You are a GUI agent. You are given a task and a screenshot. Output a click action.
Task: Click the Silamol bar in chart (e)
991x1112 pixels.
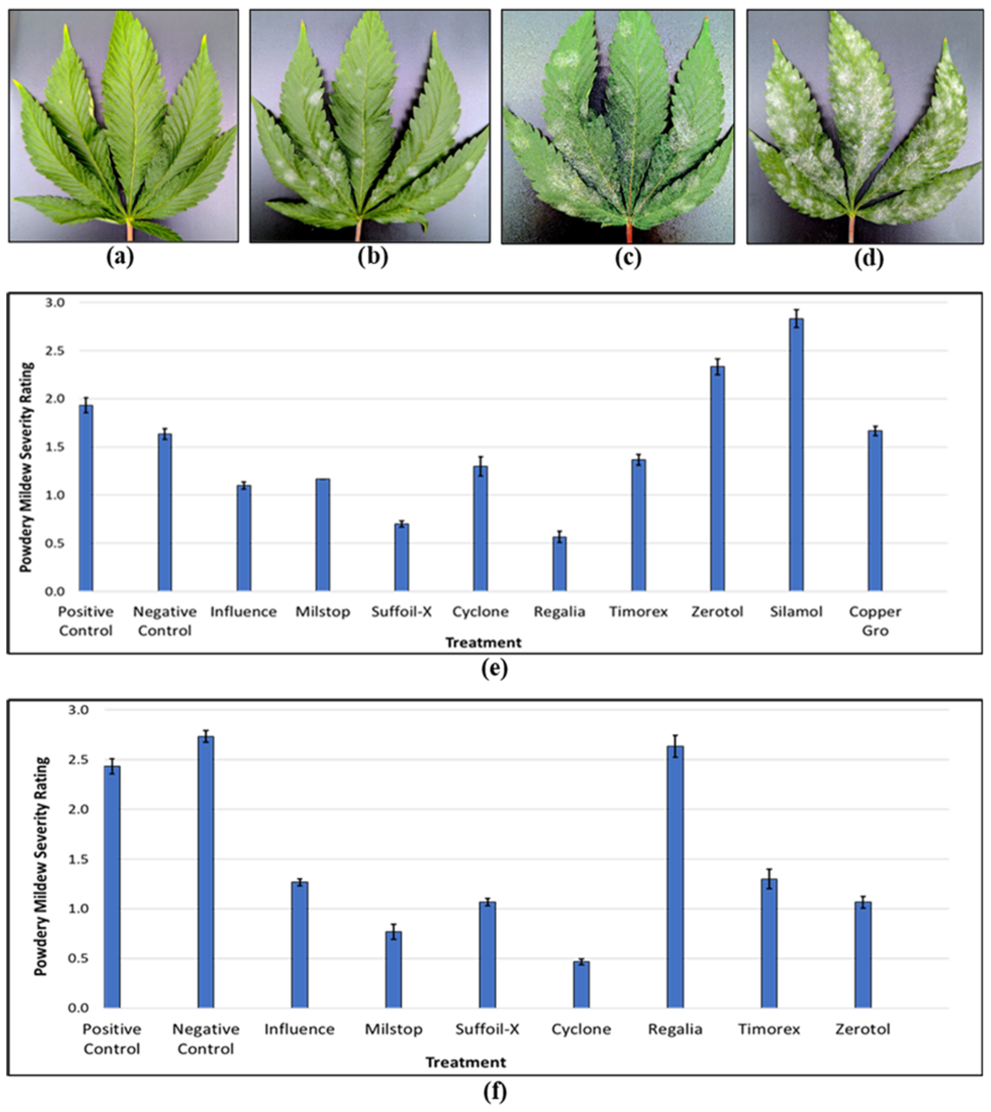pos(796,455)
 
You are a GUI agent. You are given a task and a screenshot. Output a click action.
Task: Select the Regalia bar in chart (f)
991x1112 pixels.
pos(675,876)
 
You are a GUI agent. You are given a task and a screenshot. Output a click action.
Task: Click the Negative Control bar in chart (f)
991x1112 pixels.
pos(206,871)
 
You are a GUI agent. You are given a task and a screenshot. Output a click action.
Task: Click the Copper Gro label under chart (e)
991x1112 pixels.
pos(875,621)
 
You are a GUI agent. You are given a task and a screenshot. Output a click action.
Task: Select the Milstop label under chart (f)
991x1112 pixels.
pos(394,1029)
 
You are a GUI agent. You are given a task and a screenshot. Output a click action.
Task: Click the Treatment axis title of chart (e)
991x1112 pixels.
pos(483,643)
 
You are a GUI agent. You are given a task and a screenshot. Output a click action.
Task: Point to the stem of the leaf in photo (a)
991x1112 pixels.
pos(130,231)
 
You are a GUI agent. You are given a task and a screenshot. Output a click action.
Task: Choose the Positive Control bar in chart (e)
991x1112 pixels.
pos(86,498)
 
